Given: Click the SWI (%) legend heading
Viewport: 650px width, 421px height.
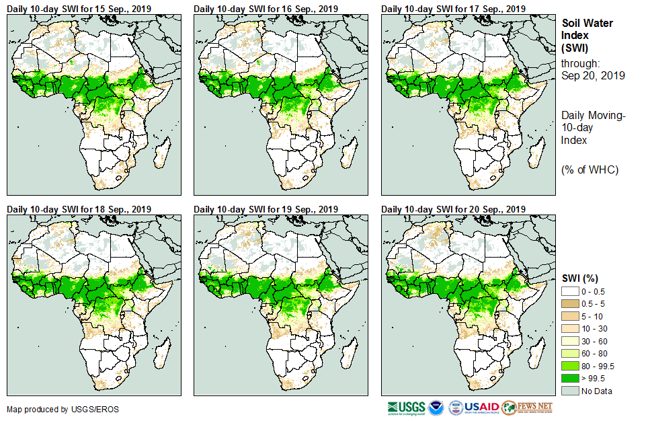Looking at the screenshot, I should pos(580,278).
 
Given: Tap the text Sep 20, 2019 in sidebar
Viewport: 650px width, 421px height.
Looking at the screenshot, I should pos(593,75).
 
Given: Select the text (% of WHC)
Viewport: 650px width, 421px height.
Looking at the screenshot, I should pos(590,169).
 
